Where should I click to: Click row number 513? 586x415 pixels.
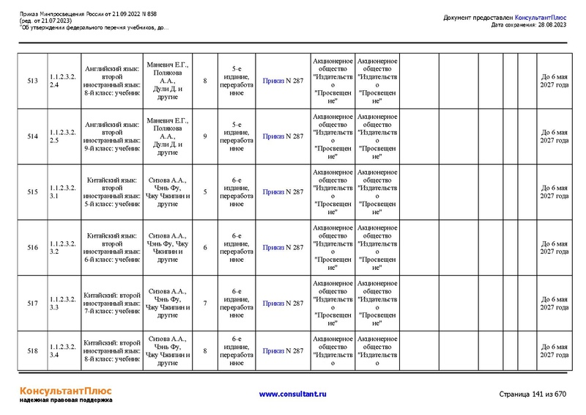click(32, 81)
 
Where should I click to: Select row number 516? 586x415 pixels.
click(32, 248)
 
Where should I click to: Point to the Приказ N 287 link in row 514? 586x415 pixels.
click(283, 136)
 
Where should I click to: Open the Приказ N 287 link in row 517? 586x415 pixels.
click(283, 304)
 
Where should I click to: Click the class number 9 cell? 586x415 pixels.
click(205, 136)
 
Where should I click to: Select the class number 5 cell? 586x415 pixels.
click(205, 192)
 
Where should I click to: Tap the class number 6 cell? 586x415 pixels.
click(205, 248)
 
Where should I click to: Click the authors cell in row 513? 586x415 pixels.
click(167, 81)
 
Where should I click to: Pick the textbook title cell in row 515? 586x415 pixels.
click(111, 192)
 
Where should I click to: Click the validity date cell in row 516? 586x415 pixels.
click(554, 248)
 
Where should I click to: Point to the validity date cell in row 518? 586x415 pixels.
click(554, 350)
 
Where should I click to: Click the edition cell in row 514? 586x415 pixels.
click(237, 136)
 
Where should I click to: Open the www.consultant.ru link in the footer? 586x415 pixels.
click(292, 394)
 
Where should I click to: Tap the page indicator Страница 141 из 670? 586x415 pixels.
click(533, 394)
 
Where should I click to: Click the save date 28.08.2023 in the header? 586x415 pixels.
click(549, 25)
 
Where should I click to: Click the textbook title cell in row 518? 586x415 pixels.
click(111, 350)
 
